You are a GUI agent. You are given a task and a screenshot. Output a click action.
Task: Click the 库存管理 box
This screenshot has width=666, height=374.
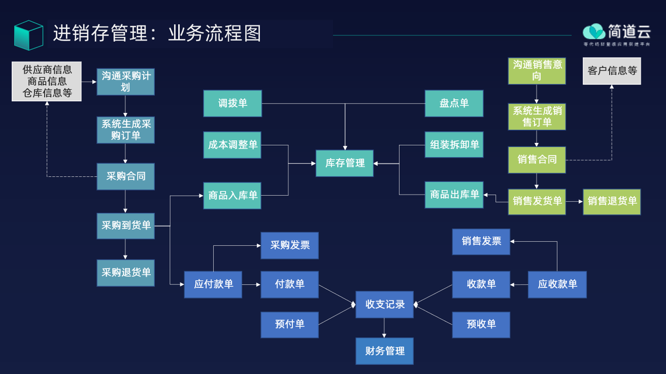[345, 163]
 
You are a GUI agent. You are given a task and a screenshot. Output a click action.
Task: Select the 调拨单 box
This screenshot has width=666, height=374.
[233, 103]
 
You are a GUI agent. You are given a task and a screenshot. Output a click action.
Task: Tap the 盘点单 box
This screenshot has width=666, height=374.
[454, 103]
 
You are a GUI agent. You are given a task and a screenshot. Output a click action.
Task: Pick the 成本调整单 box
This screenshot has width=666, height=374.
[233, 145]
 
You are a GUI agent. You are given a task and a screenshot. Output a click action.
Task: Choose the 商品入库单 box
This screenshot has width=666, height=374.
[233, 195]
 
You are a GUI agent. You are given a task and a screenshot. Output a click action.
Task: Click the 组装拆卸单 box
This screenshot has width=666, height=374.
[454, 145]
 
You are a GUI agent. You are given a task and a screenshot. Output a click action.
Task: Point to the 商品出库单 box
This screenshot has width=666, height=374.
[454, 194]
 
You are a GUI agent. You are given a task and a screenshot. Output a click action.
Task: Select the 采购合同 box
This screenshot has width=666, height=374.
[125, 177]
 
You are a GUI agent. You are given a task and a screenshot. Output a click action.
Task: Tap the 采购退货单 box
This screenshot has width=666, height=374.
[125, 273]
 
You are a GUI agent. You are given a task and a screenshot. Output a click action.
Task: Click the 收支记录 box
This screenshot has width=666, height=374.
[385, 304]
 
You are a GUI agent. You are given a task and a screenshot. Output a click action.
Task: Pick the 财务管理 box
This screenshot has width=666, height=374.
[385, 351]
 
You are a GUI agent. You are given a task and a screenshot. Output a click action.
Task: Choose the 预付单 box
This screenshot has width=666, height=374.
[290, 324]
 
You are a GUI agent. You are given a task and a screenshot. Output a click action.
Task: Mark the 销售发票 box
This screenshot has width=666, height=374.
[481, 241]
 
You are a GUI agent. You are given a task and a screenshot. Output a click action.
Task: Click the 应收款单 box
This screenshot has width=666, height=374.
[557, 284]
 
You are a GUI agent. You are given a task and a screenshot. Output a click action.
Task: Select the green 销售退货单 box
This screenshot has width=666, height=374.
[612, 201]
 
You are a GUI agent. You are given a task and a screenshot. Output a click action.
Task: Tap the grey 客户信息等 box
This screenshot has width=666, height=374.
[612, 71]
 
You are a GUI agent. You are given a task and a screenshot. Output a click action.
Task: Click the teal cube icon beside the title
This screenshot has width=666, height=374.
[28, 34]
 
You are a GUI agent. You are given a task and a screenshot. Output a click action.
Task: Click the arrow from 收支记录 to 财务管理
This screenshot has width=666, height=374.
[385, 327]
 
